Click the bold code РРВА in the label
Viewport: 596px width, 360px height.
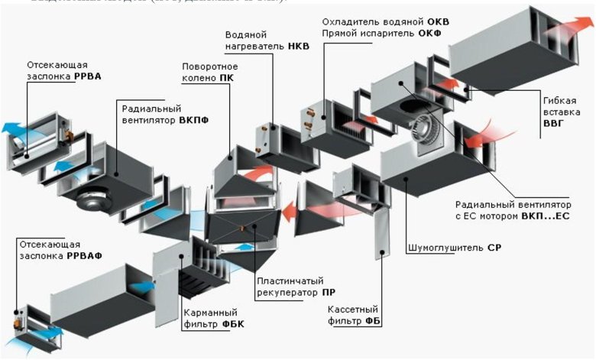[x=88, y=76]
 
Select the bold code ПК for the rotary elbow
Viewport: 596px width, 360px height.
[x=225, y=78]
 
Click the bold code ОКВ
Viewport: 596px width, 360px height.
[x=438, y=21]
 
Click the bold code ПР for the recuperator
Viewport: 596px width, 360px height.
[x=329, y=292]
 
